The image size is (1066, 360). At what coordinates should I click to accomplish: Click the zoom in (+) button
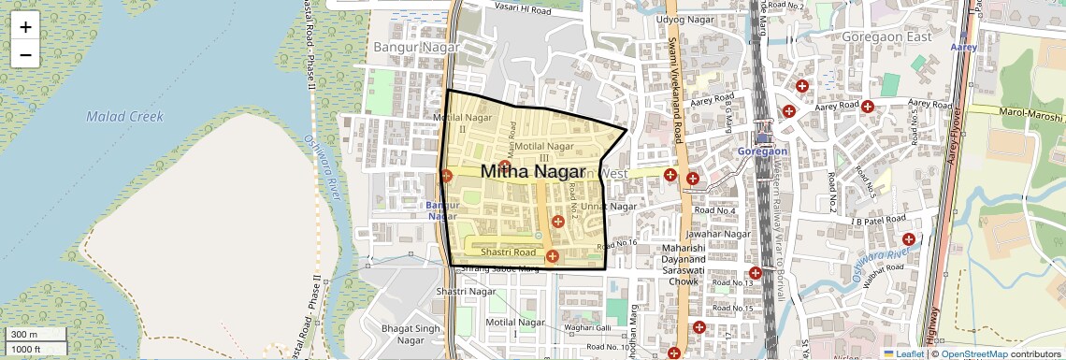tap(25, 27)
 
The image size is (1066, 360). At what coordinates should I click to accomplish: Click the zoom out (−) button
tap(25, 55)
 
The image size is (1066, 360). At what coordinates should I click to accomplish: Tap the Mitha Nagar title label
tap(532, 171)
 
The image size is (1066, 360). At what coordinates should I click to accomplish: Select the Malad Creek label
tap(124, 117)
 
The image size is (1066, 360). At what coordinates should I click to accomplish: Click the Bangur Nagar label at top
tap(416, 46)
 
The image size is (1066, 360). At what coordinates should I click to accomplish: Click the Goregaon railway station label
tap(762, 151)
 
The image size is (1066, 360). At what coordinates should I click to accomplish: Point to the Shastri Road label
tap(508, 252)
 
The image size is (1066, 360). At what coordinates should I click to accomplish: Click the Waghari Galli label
tap(587, 327)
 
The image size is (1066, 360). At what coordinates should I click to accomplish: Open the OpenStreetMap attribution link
tap(973, 353)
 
